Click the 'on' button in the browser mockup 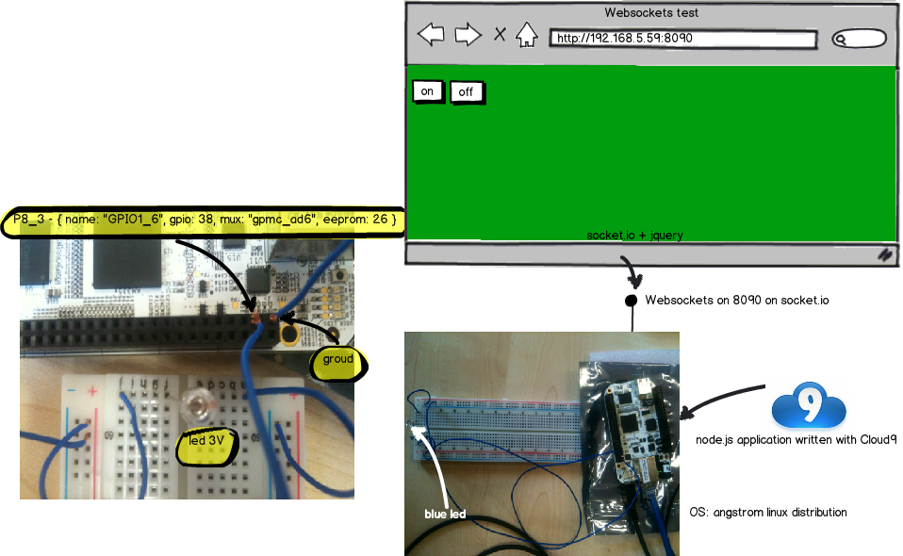[428, 90]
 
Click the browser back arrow [431, 36]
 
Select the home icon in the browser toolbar [526, 36]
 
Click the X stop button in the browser [500, 36]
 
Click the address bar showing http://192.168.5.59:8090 [682, 39]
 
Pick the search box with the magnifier [859, 39]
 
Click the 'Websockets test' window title [651, 13]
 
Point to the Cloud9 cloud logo [808, 408]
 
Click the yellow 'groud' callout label [337, 359]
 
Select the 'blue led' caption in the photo [445, 515]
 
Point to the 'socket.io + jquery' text [633, 235]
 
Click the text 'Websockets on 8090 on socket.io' [737, 301]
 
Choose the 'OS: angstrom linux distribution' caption [768, 512]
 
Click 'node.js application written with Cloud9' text [796, 440]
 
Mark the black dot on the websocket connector [632, 302]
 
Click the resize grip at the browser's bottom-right [885, 254]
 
